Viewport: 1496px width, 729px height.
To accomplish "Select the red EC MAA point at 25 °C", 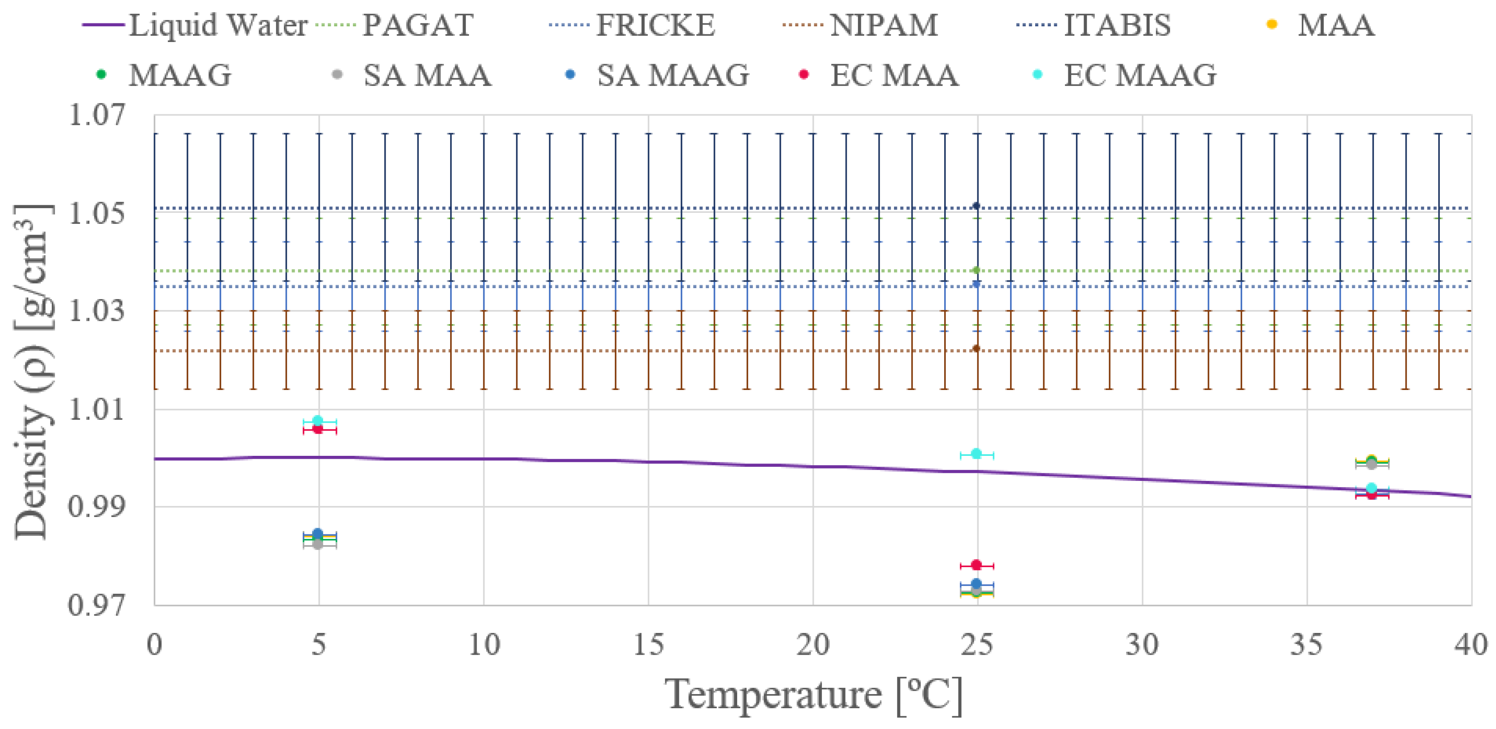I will point(976,565).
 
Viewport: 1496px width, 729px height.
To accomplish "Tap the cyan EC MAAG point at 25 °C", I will point(976,453).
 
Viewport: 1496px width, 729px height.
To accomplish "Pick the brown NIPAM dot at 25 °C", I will point(976,348).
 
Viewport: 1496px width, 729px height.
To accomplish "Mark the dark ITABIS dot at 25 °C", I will point(976,206).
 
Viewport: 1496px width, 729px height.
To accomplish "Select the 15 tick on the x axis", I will point(648,644).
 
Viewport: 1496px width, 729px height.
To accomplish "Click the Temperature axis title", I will point(813,695).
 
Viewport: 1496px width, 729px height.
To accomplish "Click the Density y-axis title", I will point(32,371).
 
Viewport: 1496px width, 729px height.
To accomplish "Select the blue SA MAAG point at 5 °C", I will point(318,534).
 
